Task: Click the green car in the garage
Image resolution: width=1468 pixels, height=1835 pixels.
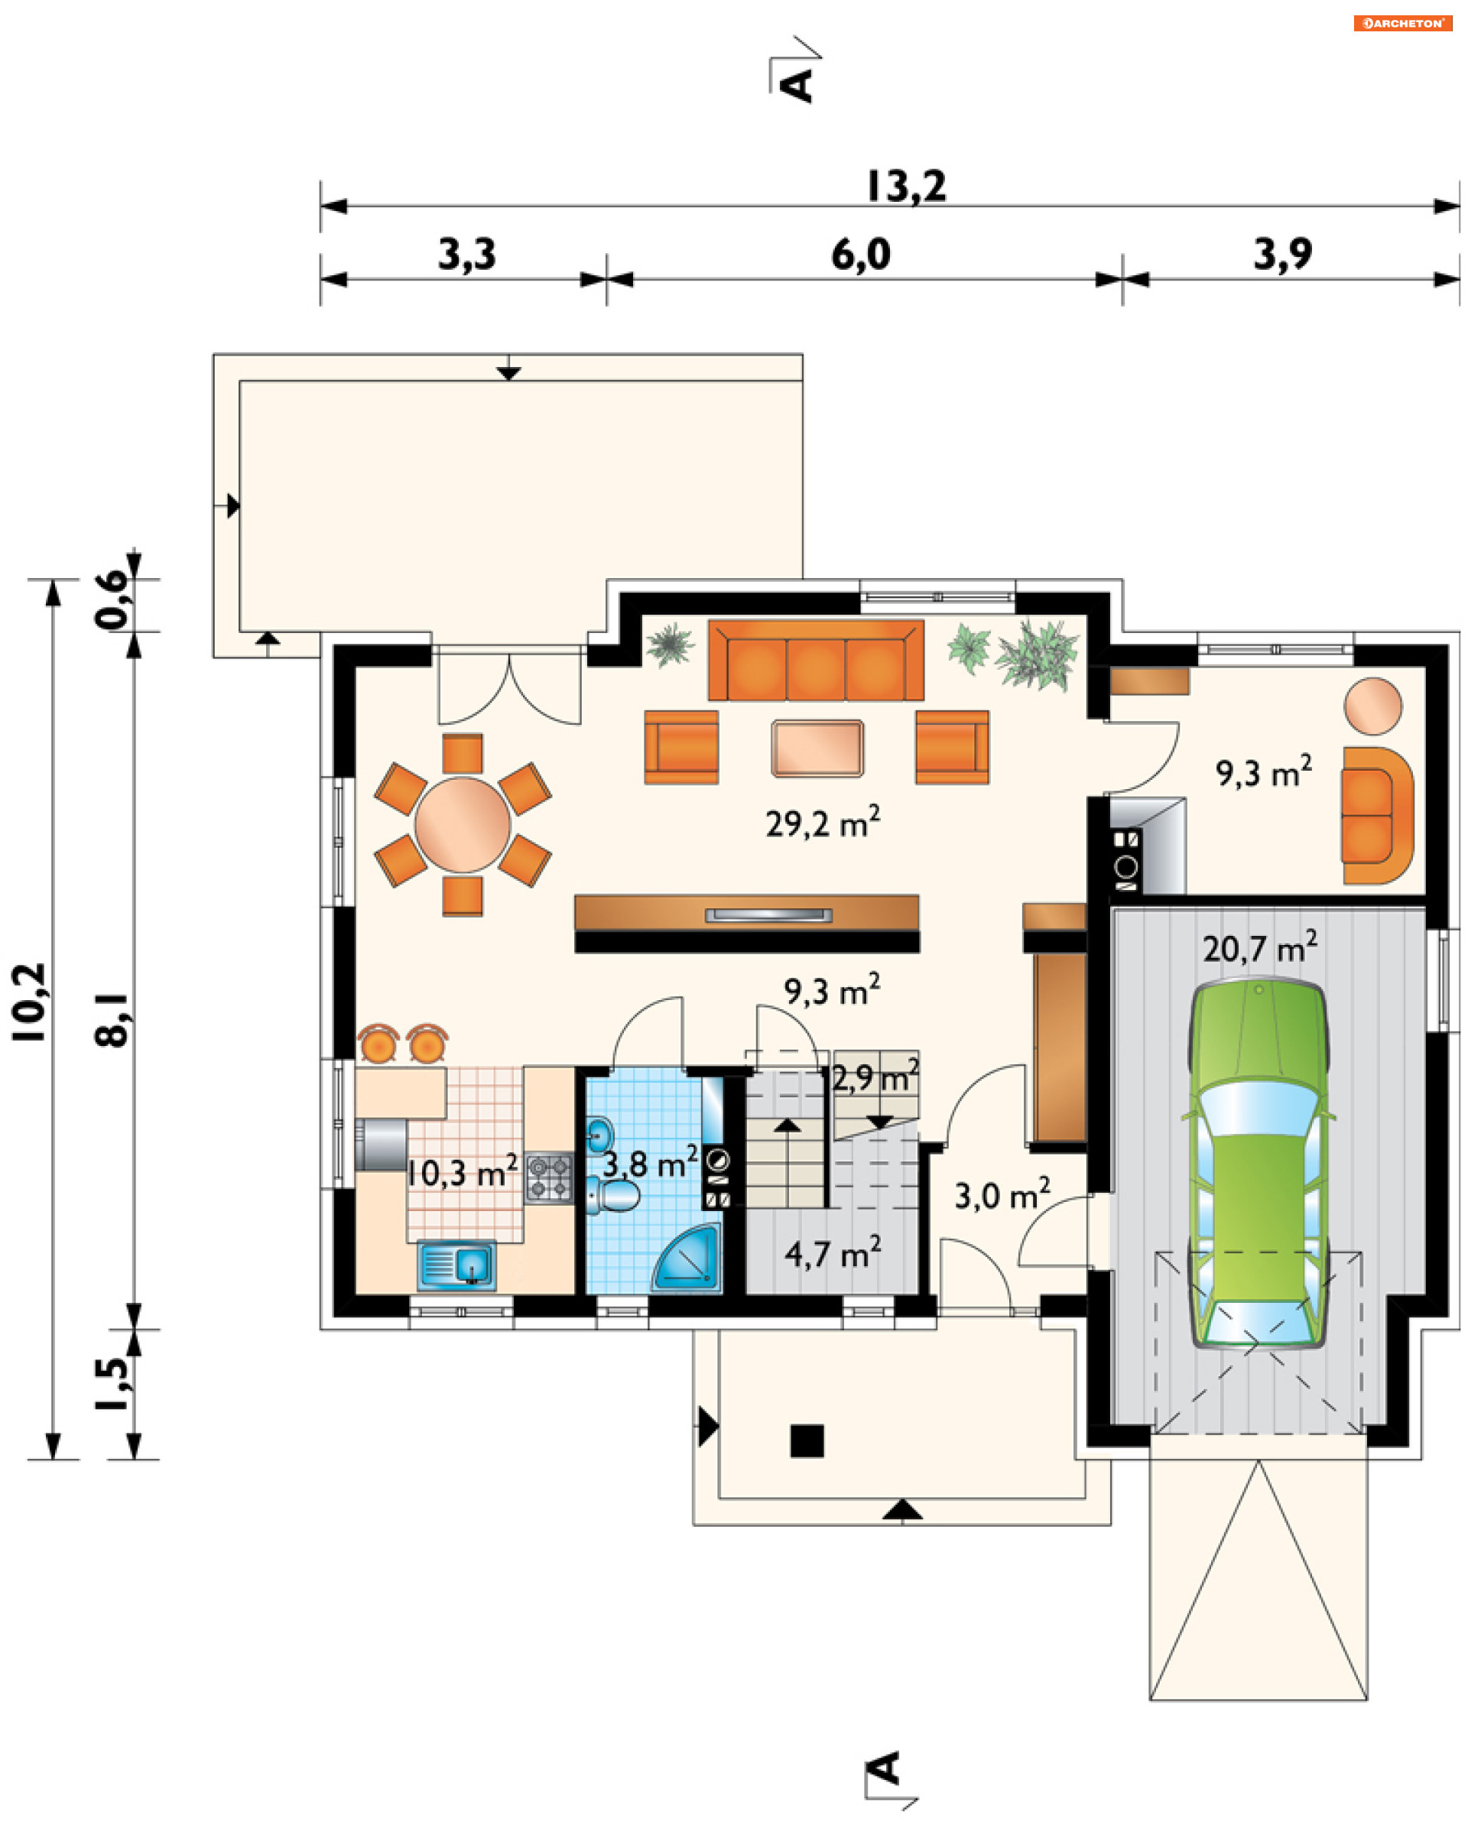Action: [x=1258, y=1164]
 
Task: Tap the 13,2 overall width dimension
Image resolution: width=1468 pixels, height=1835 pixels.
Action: [x=905, y=187]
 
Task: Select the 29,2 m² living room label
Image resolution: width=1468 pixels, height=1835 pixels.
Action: [x=822, y=822]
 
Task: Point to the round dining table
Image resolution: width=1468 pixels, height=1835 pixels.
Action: [x=462, y=824]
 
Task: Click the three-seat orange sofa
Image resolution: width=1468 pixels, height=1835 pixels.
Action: [x=815, y=661]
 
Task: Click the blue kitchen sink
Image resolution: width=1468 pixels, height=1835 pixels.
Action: [x=457, y=1265]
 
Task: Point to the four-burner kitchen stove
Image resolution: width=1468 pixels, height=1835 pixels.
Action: [x=549, y=1177]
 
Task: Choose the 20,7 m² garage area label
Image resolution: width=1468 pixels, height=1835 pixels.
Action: [x=1259, y=947]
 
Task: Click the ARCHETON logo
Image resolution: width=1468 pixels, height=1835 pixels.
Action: [x=1402, y=23]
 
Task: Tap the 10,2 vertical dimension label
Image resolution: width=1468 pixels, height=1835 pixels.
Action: [x=29, y=1002]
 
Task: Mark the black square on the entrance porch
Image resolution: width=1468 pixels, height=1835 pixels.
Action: [x=807, y=1441]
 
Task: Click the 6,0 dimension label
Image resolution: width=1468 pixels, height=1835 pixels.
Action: [x=860, y=255]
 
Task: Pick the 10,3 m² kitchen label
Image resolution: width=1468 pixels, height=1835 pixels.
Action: [x=461, y=1172]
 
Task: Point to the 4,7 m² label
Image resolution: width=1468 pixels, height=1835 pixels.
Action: [x=833, y=1253]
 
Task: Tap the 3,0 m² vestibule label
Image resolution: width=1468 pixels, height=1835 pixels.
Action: [x=1002, y=1195]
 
